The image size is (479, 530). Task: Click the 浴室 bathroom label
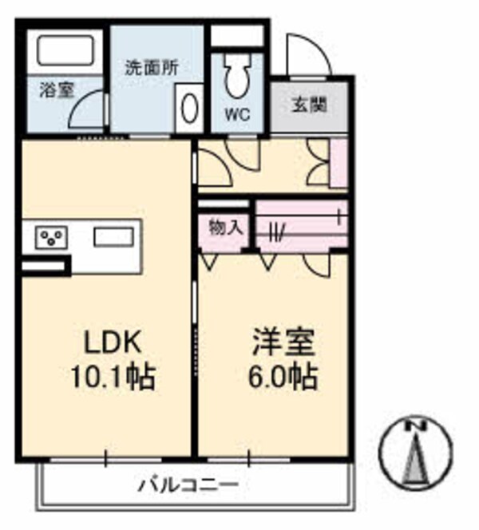pyautogui.click(x=56, y=89)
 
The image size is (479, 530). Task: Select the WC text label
pyautogui.click(x=236, y=114)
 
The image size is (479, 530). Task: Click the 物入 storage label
pyautogui.click(x=225, y=227)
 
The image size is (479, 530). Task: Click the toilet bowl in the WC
pyautogui.click(x=236, y=76)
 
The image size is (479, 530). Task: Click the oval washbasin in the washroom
pyautogui.click(x=190, y=109)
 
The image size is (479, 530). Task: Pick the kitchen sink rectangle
pyautogui.click(x=116, y=237)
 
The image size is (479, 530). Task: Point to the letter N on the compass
pyautogui.click(x=414, y=427)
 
